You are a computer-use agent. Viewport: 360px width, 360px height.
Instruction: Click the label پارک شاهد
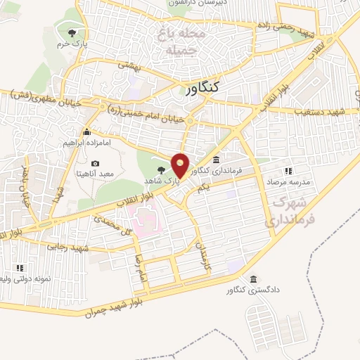(182, 181)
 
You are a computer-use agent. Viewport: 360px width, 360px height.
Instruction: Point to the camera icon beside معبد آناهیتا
(96, 164)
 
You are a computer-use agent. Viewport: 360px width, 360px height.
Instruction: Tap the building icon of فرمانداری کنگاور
(216, 160)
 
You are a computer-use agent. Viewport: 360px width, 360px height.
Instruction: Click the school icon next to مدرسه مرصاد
(288, 171)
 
